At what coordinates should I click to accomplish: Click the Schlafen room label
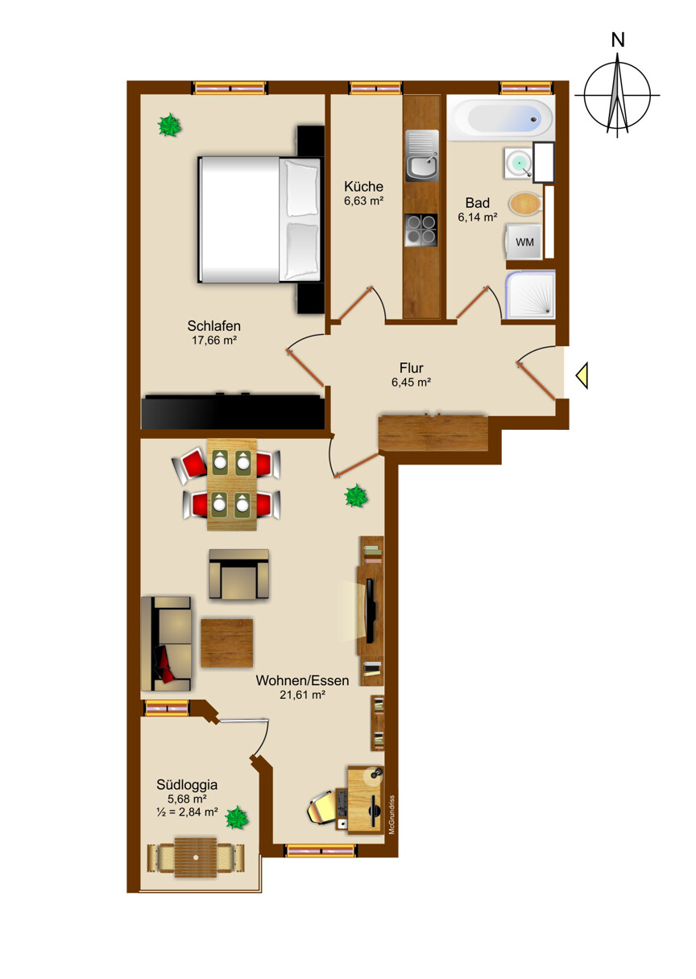coord(213,325)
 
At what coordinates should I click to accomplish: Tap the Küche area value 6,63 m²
coord(364,201)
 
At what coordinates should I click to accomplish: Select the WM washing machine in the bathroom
coord(524,242)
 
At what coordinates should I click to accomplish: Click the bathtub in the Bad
coord(501,118)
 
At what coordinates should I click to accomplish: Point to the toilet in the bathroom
coord(525,204)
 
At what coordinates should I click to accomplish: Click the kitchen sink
coord(422,155)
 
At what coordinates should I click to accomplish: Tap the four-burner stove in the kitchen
coord(420,230)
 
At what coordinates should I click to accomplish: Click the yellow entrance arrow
coord(582,375)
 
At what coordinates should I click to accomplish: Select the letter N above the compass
coord(618,40)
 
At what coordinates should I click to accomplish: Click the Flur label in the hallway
coord(411,368)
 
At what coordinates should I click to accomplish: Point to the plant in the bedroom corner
coord(170,125)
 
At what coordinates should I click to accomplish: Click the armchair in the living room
coord(238,574)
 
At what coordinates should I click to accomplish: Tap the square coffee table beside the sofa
coord(227,643)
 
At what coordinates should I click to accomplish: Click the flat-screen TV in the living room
coord(370,610)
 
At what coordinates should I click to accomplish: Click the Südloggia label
coord(187,784)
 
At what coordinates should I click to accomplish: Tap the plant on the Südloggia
coord(237,817)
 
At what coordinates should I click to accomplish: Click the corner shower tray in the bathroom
coord(530,294)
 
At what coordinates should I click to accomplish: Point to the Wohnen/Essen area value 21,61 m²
coord(302,695)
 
